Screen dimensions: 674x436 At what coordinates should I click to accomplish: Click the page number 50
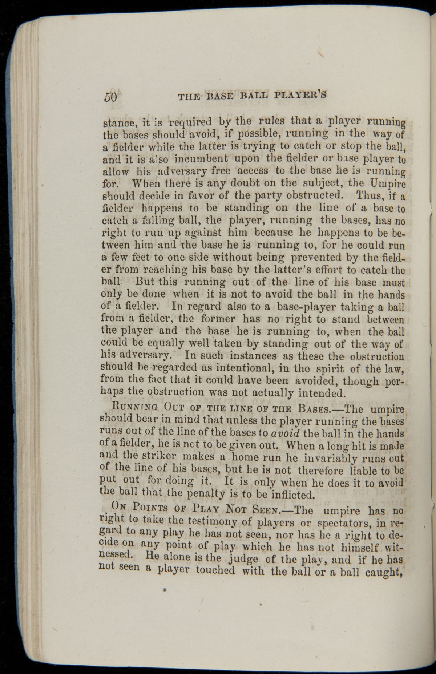111,97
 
